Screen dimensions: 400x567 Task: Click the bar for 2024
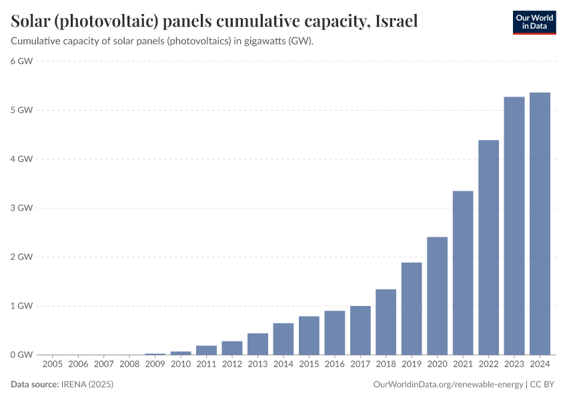tap(540, 223)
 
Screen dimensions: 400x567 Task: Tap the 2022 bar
tap(488, 247)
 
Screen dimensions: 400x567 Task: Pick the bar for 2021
tap(463, 273)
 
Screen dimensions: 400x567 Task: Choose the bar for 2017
tap(360, 330)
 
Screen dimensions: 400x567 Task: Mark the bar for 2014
tap(283, 339)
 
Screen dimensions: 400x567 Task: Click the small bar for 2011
tap(206, 350)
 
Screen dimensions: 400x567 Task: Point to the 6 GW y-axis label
tap(21, 61)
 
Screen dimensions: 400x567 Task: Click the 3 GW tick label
tap(21, 208)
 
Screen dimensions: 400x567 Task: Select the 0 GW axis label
tap(21, 355)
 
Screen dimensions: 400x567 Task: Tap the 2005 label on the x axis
tap(53, 364)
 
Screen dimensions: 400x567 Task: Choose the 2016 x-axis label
tap(334, 364)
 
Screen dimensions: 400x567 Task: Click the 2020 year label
tap(437, 364)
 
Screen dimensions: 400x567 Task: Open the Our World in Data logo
tap(534, 22)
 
